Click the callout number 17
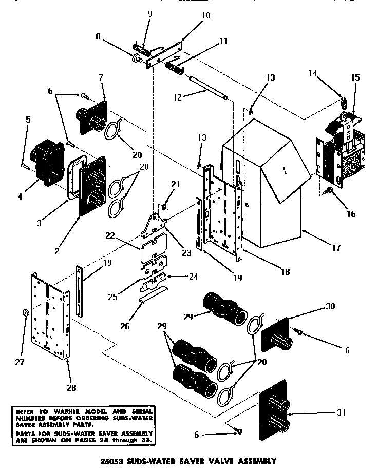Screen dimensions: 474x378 click(x=336, y=248)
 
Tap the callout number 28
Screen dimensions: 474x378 click(x=71, y=388)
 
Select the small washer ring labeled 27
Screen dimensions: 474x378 click(x=26, y=312)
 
